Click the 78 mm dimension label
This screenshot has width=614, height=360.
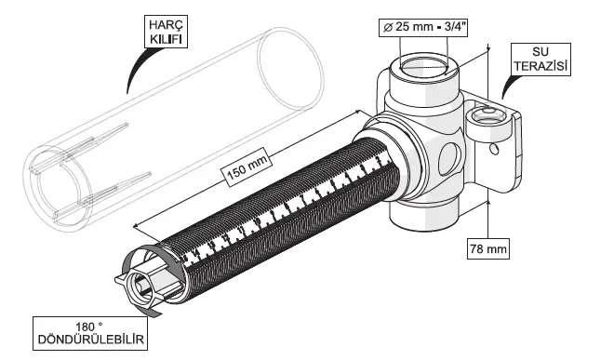pos(487,248)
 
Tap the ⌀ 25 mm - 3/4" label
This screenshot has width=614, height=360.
pos(423,27)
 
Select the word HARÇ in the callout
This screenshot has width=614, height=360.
pos(166,25)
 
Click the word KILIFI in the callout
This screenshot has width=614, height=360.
pos(166,39)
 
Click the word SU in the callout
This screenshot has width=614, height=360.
pos(541,51)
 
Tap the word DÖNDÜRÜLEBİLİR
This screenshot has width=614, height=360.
pos(90,340)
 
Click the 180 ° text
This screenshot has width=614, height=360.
pos(89,327)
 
